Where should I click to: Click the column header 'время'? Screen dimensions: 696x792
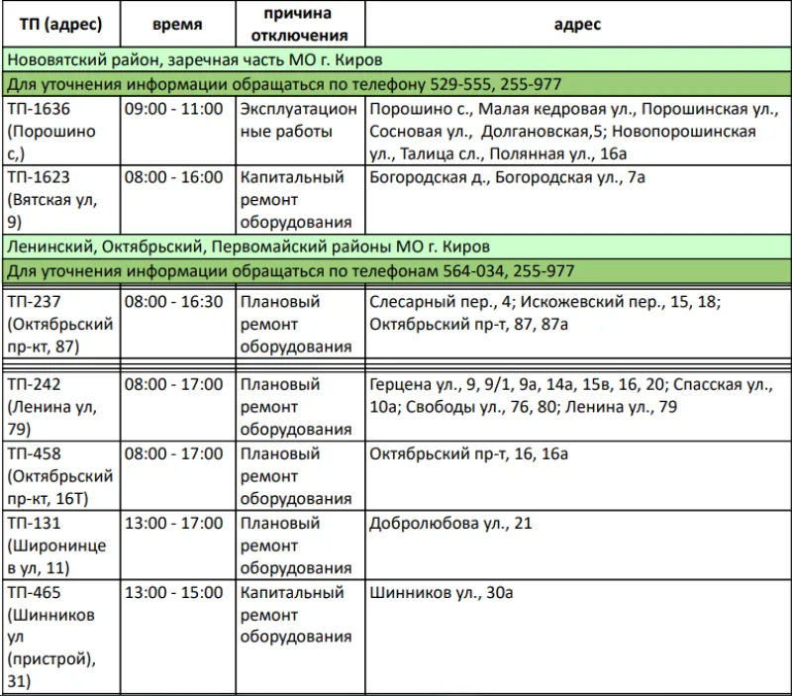tap(177, 24)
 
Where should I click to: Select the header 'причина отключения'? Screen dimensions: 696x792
tap(298, 24)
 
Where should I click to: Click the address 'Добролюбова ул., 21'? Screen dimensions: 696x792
tap(449, 523)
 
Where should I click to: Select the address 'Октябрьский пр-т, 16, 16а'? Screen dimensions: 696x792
tap(467, 453)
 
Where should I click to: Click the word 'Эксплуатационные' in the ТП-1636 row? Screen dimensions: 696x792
tap(298, 119)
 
